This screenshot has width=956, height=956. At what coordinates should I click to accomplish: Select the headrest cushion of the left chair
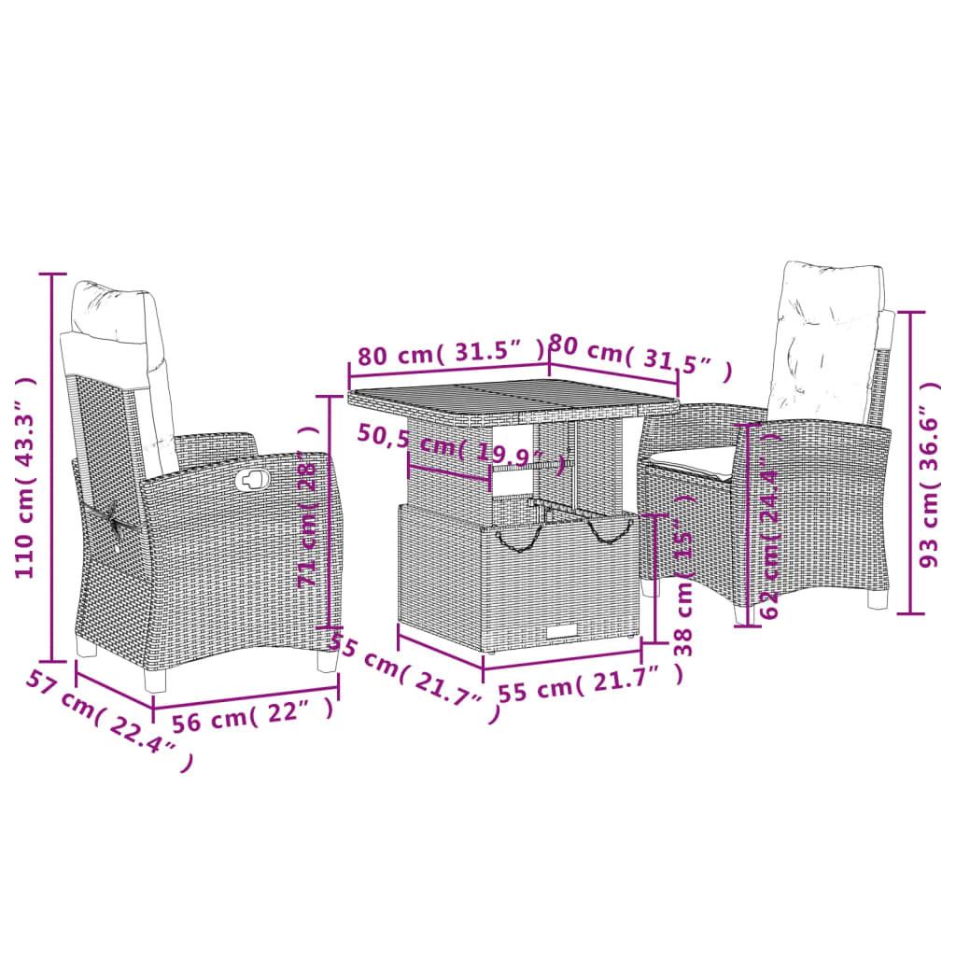click(x=110, y=309)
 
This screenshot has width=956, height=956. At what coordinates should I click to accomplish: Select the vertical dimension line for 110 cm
click(x=52, y=467)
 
